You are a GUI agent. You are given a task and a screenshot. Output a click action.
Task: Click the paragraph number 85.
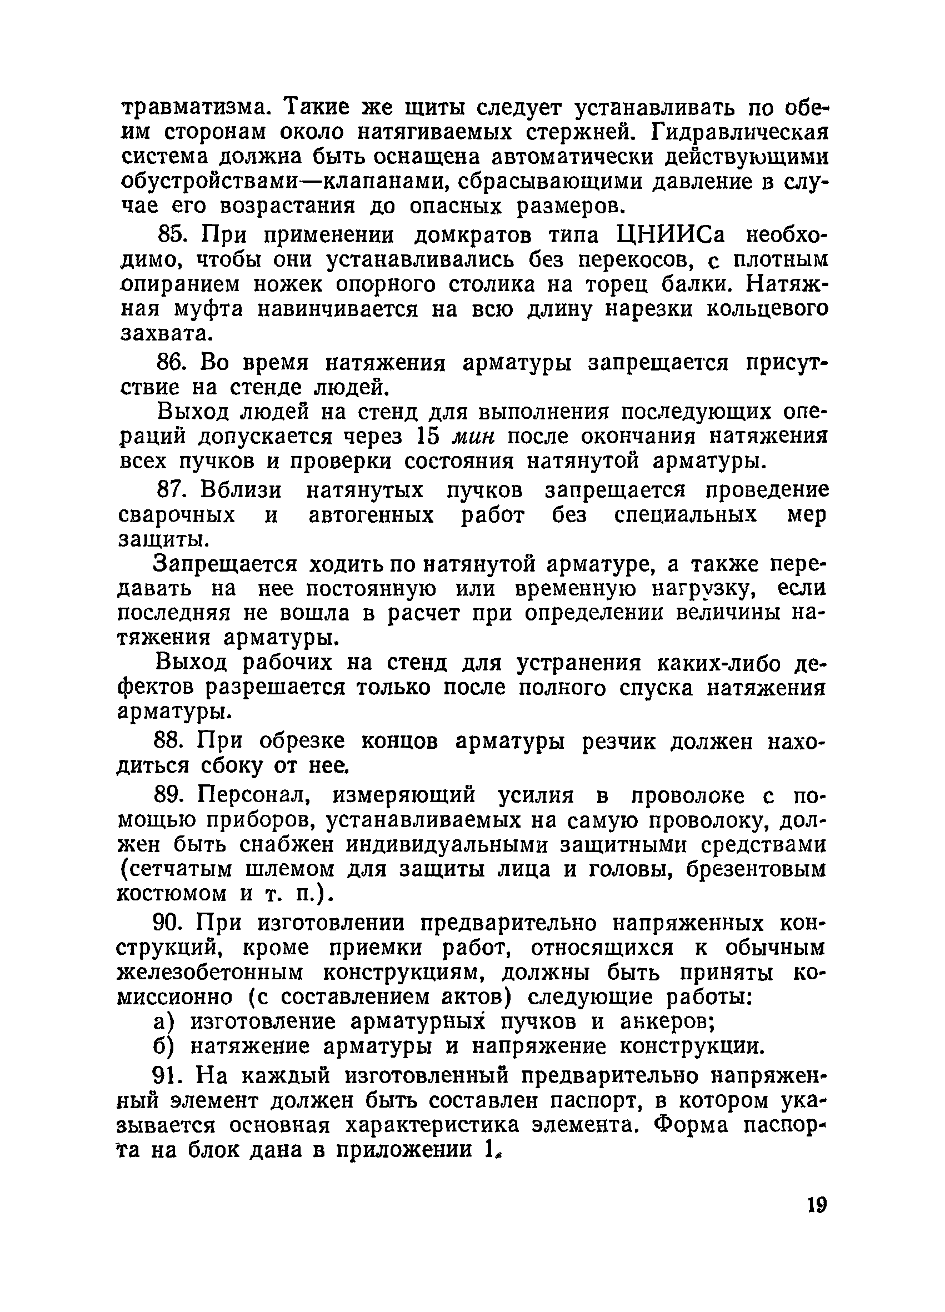point(170,236)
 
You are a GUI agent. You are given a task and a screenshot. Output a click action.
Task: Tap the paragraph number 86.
point(170,363)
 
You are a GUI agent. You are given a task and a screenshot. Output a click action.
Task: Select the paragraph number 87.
point(170,490)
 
